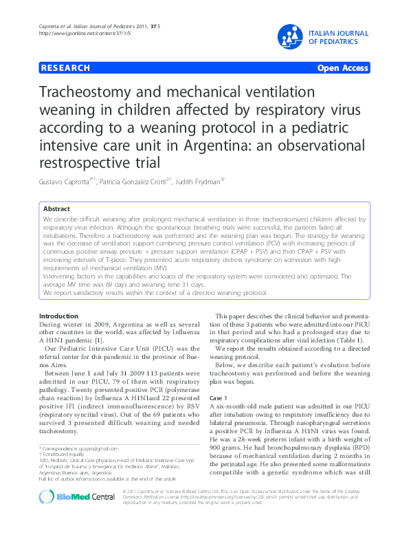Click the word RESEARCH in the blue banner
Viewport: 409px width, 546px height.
pyautogui.click(x=66, y=68)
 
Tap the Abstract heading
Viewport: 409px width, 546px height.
pyautogui.click(x=56, y=208)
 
